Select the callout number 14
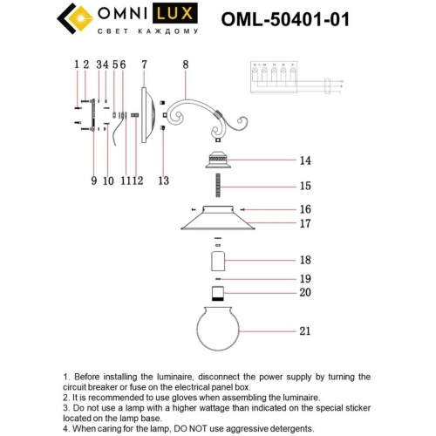click(304, 161)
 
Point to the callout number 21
click(304, 330)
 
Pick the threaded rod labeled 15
click(217, 186)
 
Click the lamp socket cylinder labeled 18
click(218, 260)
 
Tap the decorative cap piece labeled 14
click(217, 160)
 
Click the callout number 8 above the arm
click(185, 65)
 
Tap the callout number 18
click(304, 260)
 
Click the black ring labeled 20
click(218, 292)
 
